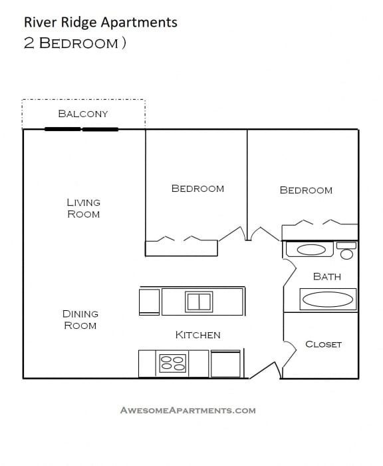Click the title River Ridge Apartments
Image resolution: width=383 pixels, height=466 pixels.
100,22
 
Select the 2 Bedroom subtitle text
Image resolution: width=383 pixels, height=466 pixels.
74,44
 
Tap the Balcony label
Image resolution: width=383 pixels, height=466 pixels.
83,113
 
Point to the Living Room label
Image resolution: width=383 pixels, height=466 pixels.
83,208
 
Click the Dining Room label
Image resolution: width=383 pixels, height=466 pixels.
80,320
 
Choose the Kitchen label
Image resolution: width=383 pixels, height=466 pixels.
197,335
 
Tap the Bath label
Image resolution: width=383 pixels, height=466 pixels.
326,276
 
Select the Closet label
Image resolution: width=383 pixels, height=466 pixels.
323,344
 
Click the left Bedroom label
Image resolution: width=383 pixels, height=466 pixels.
197,188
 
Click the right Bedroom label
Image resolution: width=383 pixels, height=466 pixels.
306,190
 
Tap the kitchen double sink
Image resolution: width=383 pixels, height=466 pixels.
199,302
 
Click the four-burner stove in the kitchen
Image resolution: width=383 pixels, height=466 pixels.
173,364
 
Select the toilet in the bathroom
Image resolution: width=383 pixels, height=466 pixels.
346,252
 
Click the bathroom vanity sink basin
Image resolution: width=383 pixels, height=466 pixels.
311,250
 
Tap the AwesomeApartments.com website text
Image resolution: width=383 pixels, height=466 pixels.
188,410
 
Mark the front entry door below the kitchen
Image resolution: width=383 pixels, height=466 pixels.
263,370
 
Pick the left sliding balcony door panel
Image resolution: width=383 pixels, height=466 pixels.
63,129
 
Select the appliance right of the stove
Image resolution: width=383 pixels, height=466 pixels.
226,364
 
